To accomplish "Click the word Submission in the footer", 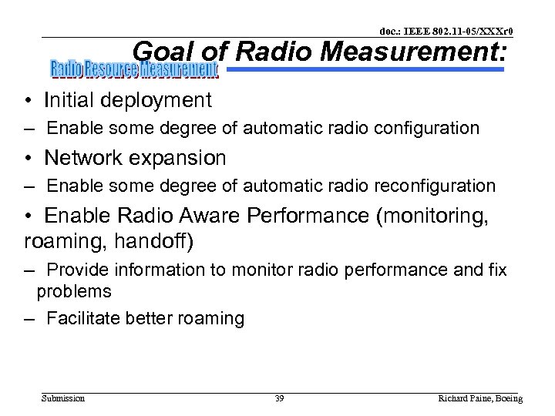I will pyautogui.click(x=63, y=398).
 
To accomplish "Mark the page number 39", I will pyautogui.click(x=279, y=398).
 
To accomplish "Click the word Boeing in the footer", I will pyautogui.click(x=506, y=398).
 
